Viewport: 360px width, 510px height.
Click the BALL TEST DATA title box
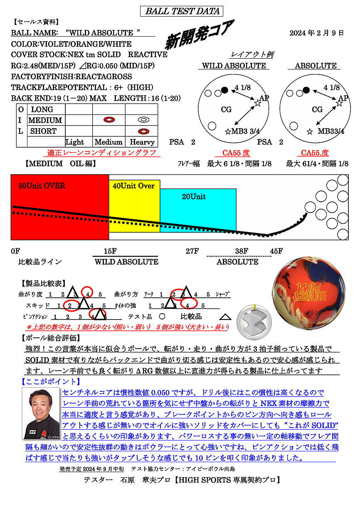tap(182, 11)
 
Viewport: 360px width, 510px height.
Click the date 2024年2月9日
tap(316, 33)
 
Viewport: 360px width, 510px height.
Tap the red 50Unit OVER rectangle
tap(60, 207)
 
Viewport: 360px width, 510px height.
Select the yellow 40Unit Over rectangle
tap(134, 204)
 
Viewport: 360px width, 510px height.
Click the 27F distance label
tap(192, 251)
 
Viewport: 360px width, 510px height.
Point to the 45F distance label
tap(276, 251)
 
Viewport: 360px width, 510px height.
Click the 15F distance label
tap(110, 251)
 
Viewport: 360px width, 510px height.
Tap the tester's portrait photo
tap(41, 413)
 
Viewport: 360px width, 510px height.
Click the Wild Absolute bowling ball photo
tap(308, 293)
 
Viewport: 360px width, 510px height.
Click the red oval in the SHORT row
tap(143, 131)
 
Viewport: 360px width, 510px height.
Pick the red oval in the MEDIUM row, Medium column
tap(109, 120)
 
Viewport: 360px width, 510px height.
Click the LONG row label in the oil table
tap(42, 109)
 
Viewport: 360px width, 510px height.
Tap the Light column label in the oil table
tap(75, 142)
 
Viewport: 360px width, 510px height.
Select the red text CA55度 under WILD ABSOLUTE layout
tap(236, 153)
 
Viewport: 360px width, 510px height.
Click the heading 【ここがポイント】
tap(50, 381)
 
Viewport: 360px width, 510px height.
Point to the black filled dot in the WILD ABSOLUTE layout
tap(225, 90)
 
